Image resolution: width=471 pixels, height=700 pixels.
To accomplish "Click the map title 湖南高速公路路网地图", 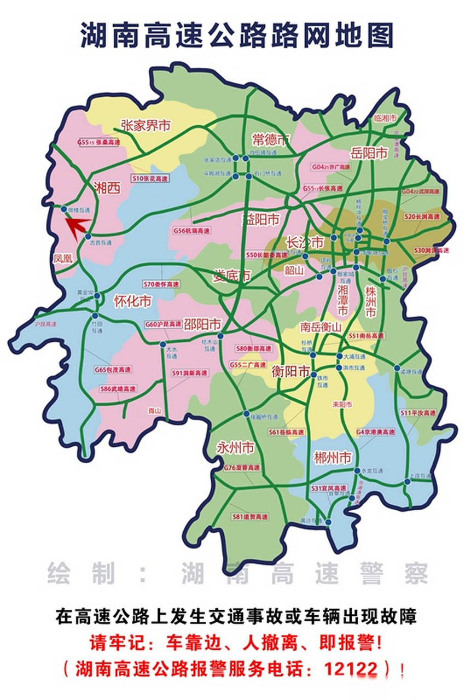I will click(236, 36).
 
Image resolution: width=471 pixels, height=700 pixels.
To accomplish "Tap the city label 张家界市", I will click(146, 125).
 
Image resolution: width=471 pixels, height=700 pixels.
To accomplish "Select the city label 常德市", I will click(270, 138).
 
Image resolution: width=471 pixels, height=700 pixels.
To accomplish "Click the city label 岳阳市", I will click(369, 154).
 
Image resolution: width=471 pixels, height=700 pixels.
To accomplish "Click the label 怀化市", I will click(132, 301).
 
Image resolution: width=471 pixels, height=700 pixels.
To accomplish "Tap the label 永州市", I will click(235, 448).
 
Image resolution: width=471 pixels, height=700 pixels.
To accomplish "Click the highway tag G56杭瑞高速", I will click(191, 231).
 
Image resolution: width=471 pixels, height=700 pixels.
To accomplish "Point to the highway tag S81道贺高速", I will click(250, 517).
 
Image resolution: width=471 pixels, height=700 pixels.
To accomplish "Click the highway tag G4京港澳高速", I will click(375, 432).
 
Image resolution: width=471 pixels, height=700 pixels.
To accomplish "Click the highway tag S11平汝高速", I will click(418, 413).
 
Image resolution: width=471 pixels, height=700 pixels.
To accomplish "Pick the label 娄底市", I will click(232, 276).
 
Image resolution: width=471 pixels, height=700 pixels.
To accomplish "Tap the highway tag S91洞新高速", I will click(189, 373).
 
